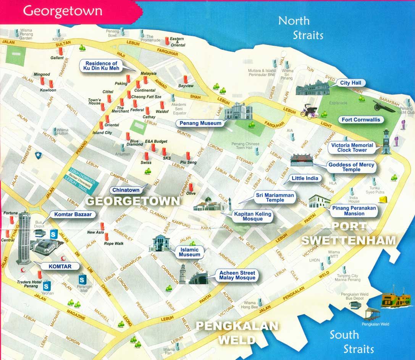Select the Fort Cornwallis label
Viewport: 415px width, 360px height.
361,119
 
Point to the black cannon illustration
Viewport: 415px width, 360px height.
384,106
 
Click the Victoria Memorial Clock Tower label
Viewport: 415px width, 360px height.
352,148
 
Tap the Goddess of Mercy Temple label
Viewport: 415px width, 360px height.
351,167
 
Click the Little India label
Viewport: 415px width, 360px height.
304,178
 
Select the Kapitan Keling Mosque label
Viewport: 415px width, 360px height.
253,216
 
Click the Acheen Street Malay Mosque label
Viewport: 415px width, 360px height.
237,275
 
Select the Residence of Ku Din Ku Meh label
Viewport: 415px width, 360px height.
101,66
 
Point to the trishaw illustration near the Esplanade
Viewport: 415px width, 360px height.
308,110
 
